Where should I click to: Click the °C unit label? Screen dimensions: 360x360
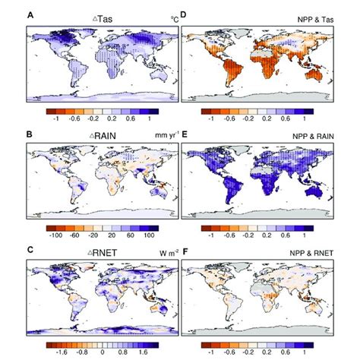click(x=171, y=17)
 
